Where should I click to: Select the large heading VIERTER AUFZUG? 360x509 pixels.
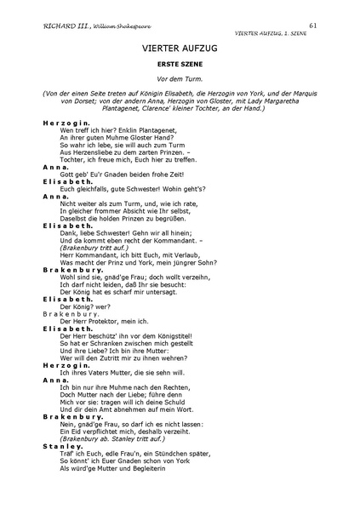pyautogui.click(x=180, y=49)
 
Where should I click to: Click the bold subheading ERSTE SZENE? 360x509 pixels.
pyautogui.click(x=180, y=66)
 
